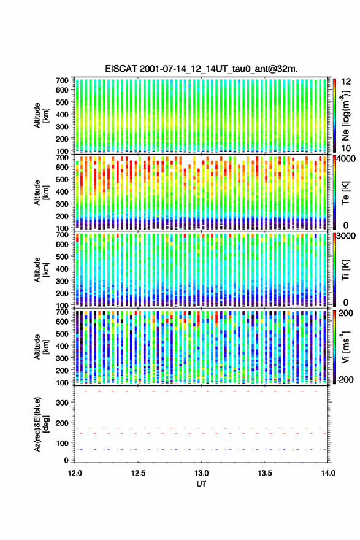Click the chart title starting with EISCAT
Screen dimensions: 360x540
coord(201,69)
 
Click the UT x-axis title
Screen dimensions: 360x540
coord(201,484)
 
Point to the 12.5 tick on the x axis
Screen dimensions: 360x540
coord(139,473)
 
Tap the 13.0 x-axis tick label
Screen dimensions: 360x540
coord(201,473)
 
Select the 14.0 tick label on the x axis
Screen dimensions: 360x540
coord(328,473)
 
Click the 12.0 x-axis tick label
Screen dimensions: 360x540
coord(75,473)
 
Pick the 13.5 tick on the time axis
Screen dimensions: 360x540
coord(265,473)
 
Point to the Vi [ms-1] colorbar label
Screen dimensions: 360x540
coord(345,347)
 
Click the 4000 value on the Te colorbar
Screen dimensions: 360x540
coord(347,160)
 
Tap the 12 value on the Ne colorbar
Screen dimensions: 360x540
coord(347,82)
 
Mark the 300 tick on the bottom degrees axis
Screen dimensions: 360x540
coord(62,403)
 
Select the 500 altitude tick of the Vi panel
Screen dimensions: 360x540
coord(62,333)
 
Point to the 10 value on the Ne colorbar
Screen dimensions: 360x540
coord(347,148)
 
